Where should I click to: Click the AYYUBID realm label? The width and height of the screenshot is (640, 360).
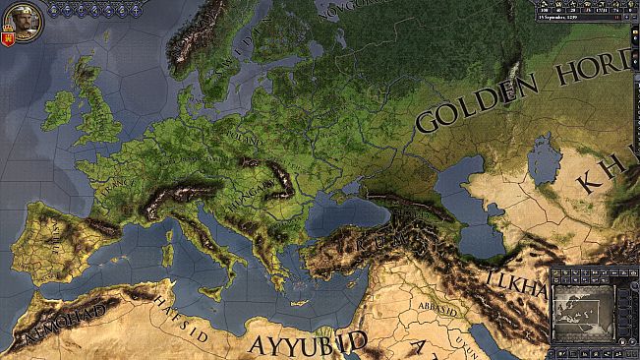point(306,343)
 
